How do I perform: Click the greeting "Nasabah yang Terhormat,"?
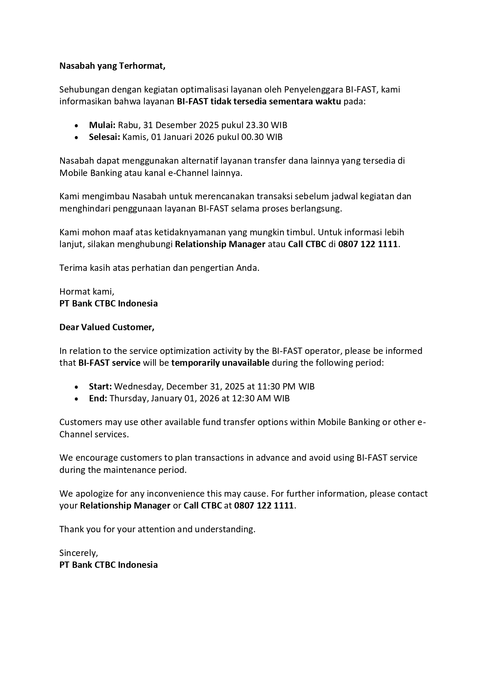[x=112, y=66]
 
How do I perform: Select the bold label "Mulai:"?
[x=102, y=125]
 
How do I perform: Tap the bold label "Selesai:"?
[x=104, y=137]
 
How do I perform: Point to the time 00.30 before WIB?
[x=252, y=137]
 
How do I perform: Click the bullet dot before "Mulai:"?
[x=76, y=126]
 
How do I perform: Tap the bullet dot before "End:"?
[x=76, y=399]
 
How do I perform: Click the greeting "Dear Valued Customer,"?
[x=107, y=327]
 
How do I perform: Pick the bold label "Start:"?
[x=100, y=386]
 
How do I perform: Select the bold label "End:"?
[x=98, y=398]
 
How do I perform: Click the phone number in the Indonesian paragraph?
[x=368, y=244]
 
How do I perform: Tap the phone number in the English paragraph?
[x=264, y=505]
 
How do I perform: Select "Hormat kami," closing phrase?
[x=87, y=292]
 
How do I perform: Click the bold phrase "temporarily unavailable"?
[x=220, y=363]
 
